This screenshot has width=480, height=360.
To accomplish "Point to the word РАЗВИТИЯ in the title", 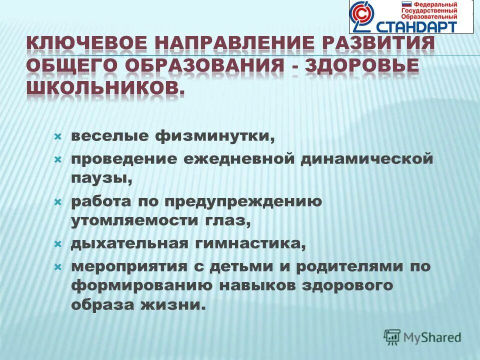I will point(382,44).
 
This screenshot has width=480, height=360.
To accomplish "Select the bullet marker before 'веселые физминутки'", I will point(57,136).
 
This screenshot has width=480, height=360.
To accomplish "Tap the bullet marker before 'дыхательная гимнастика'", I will point(57,244).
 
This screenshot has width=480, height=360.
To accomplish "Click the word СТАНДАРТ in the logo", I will point(421,26).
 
